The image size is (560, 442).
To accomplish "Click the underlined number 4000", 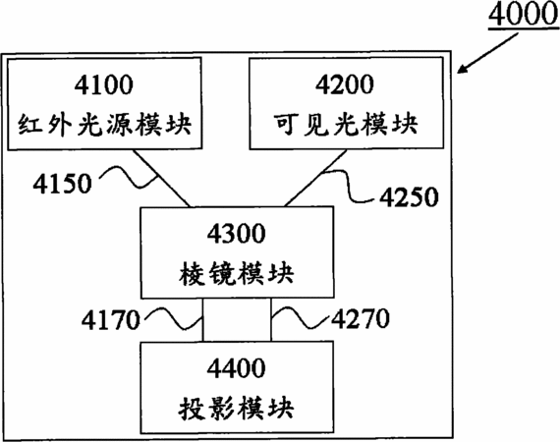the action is pos(524,15).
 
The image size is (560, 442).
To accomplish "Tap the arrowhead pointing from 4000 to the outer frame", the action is pos(463,69).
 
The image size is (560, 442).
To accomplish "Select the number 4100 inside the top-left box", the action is pos(104,85).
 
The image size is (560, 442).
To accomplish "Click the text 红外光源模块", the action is pos(105,124).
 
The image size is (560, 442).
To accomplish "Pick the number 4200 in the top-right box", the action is pos(345,84).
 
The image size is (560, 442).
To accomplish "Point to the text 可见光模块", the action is pos(346,124).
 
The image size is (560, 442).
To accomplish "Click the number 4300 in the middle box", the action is pos(237,233).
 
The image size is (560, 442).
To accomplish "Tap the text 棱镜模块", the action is pos(237,273).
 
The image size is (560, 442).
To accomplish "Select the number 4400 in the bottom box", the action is pos(237,367).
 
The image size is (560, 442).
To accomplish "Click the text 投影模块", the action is pos(237,408).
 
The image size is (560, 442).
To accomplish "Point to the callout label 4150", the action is pos(63,184).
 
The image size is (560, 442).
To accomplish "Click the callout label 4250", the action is pos(409,196).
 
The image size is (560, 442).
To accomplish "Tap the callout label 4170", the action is pos(111,319).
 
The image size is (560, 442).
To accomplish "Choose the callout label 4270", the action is pos(361,318).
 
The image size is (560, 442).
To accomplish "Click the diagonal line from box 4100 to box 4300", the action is pos(162,178).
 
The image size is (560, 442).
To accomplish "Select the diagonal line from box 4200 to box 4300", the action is pos(315,178).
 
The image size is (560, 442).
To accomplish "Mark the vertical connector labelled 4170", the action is pos(203,320).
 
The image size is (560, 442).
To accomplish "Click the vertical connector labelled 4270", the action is pos(271,320).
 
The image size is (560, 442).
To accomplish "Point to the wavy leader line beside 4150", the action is pos(129,177).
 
